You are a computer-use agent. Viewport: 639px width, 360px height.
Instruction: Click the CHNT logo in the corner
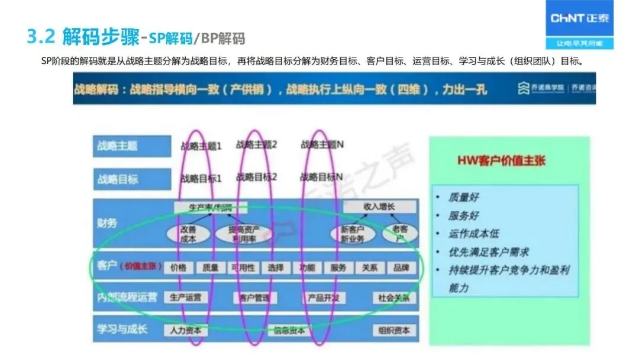click(x=579, y=18)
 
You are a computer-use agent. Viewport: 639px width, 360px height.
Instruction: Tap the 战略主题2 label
click(x=257, y=144)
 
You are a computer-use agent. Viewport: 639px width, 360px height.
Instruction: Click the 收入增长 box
click(x=379, y=207)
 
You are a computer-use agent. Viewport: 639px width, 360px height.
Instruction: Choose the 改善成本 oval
click(x=188, y=234)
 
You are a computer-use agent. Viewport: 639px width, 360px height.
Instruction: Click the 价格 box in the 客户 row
click(x=178, y=268)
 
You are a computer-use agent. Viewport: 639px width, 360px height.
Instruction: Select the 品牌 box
click(x=401, y=268)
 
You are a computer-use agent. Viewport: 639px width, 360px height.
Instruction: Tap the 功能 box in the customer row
click(x=307, y=268)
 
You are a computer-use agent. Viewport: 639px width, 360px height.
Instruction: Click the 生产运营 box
click(x=185, y=297)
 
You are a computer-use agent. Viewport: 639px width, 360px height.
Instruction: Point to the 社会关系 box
click(x=394, y=297)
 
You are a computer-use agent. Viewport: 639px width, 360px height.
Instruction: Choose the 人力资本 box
click(x=185, y=330)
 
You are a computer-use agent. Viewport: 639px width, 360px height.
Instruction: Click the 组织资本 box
click(x=394, y=330)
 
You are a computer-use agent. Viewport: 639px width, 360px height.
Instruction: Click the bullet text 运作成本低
click(x=473, y=233)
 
